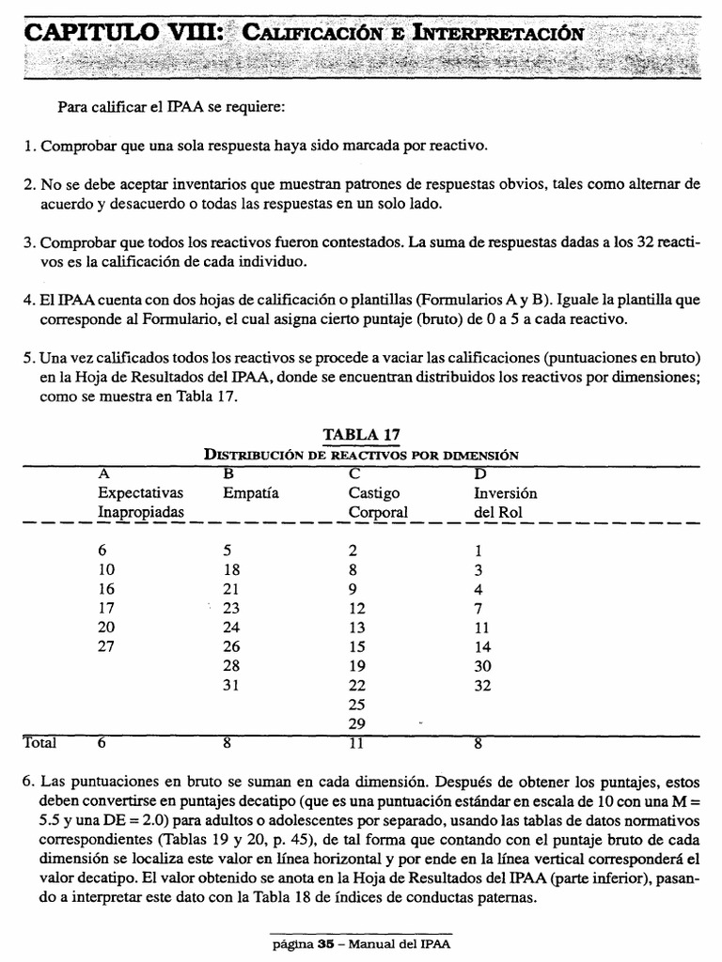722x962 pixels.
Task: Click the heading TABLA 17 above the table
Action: (x=362, y=434)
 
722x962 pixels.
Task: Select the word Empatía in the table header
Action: (x=251, y=492)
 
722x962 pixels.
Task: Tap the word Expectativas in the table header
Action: (x=140, y=492)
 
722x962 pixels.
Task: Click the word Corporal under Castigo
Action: (x=379, y=512)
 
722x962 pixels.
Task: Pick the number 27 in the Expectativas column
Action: (x=106, y=645)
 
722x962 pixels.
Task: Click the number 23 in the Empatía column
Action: (x=232, y=607)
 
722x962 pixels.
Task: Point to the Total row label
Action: (x=39, y=743)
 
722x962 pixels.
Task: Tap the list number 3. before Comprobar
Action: (x=29, y=242)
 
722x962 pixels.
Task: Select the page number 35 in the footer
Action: (x=326, y=944)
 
